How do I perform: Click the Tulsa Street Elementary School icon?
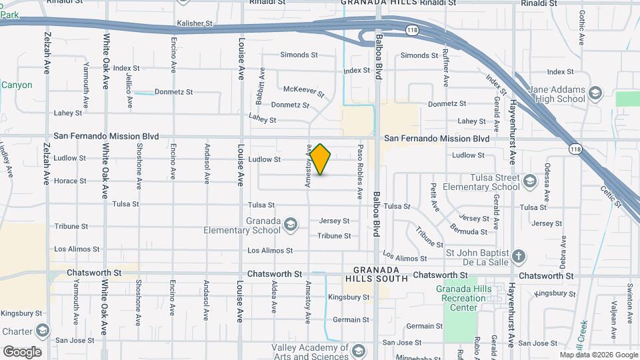tap(529, 180)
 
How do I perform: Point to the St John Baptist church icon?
tap(519, 255)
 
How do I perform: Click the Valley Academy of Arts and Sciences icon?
tap(358, 351)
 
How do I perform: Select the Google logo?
tap(21, 351)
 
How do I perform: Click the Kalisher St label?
tap(194, 23)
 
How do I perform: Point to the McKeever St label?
tap(303, 91)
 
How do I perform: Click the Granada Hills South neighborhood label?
tap(375, 275)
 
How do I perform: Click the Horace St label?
tap(70, 181)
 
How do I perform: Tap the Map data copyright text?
tap(598, 355)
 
